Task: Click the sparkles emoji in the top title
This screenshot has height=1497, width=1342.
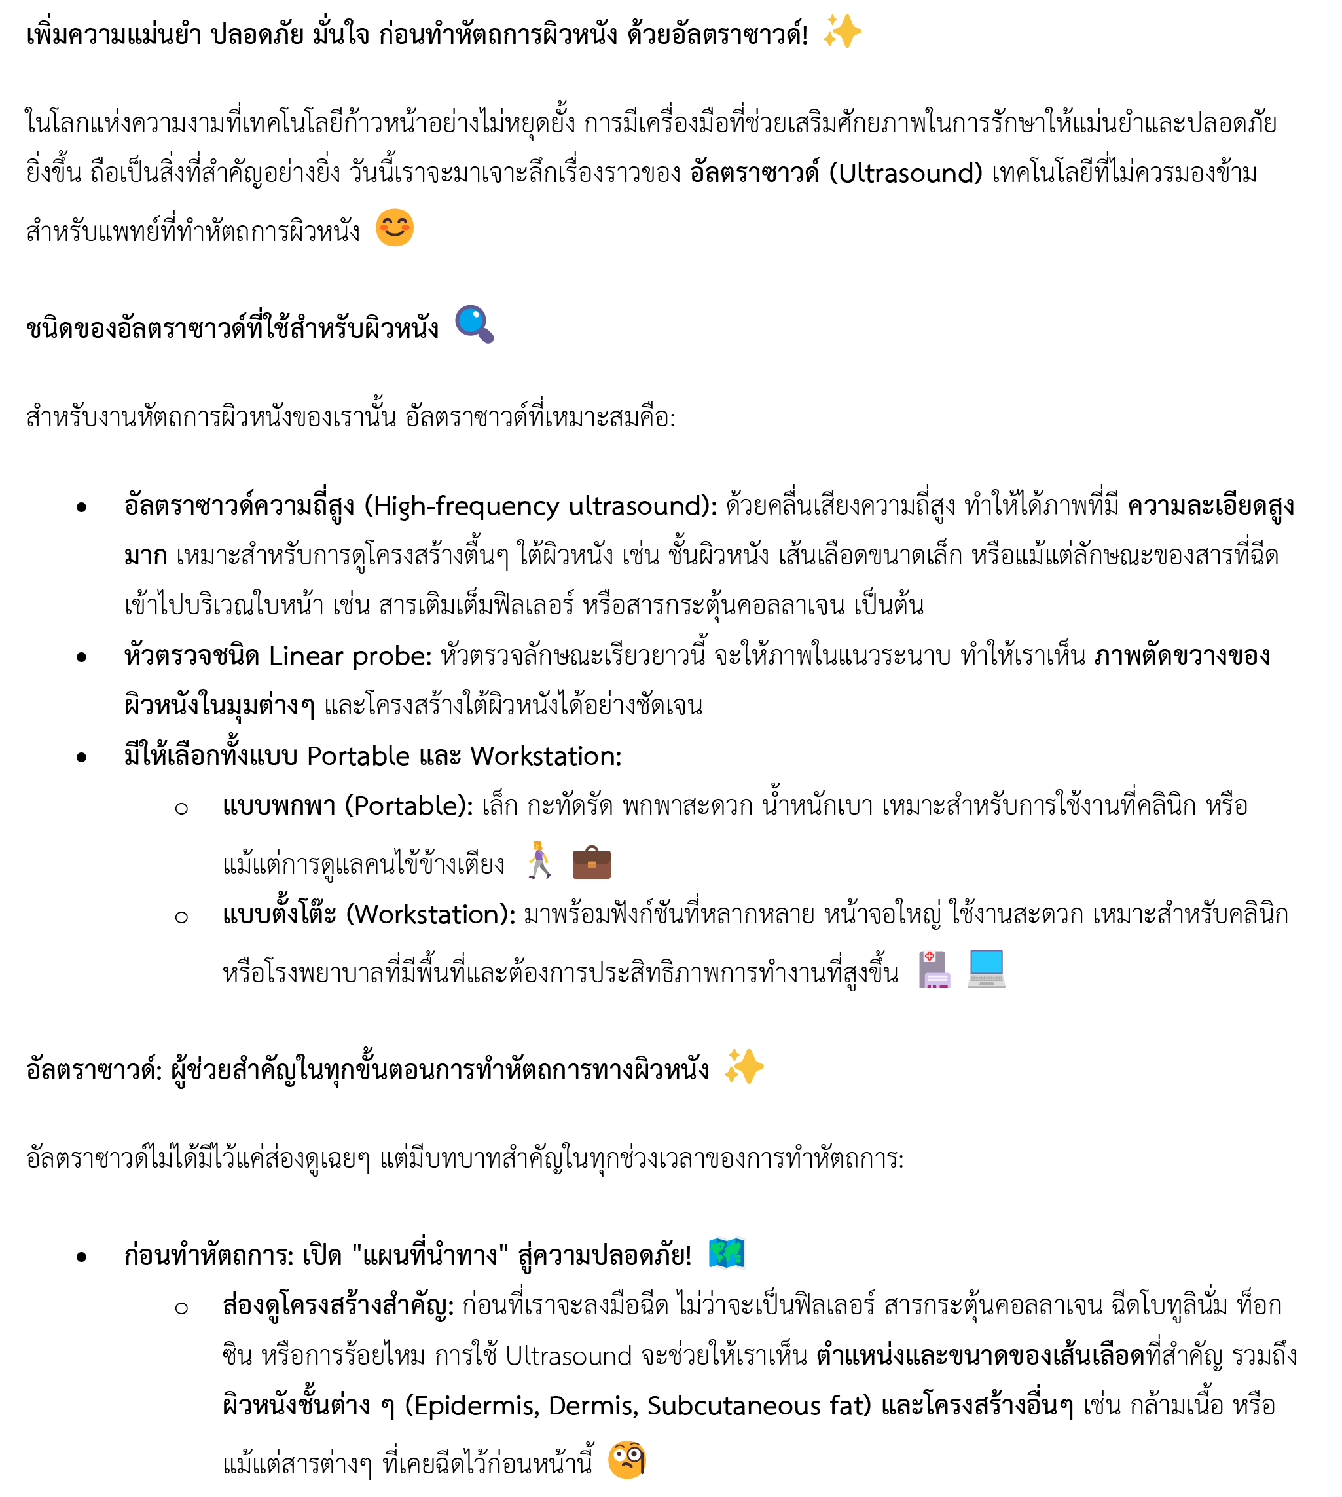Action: [842, 31]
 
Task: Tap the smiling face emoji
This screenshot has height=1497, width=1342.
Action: [395, 228]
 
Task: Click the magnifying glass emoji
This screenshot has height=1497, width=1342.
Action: [474, 324]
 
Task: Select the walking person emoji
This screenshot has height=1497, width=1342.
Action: [539, 860]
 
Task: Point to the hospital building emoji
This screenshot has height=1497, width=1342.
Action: [934, 969]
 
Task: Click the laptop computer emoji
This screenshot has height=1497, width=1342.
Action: [986, 969]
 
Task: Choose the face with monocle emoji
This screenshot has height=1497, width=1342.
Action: [626, 1460]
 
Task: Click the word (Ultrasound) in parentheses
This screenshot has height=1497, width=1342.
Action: [906, 174]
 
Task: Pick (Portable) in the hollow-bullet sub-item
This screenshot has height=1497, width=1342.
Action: [409, 806]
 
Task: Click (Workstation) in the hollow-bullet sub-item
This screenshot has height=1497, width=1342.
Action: [431, 915]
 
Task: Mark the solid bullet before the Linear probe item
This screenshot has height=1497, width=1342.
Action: [81, 657]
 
